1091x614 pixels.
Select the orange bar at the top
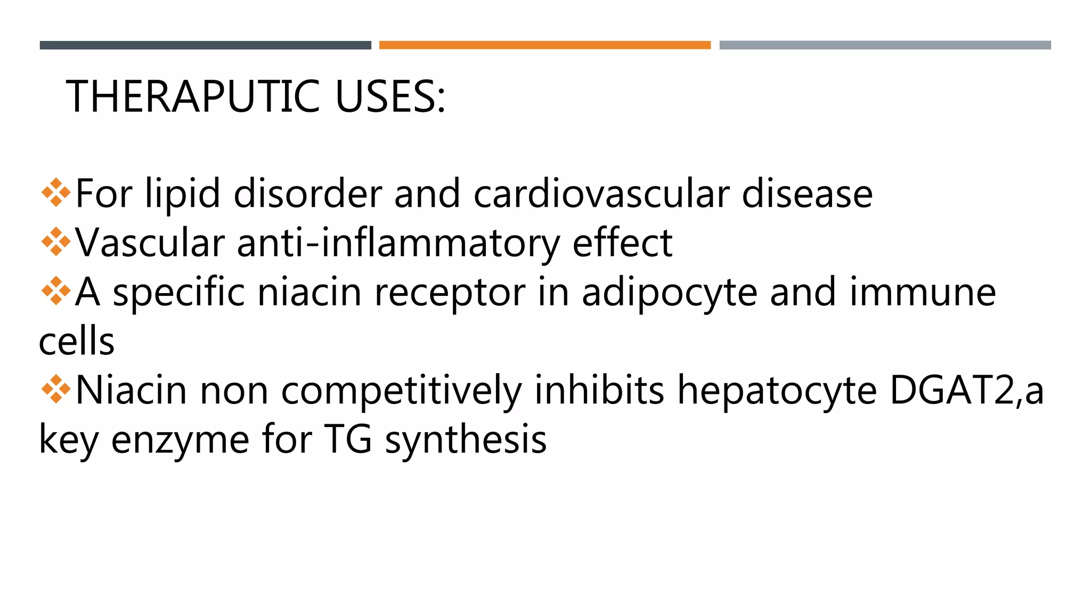544,45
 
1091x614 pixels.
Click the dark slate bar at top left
205,45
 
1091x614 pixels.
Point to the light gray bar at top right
885,45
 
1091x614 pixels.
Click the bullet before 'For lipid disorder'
55,192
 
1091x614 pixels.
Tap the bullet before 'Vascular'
55,242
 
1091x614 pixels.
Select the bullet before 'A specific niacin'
55,291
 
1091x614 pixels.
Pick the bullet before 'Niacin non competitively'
55,390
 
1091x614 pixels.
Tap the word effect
622,243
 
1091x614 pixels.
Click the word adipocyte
669,293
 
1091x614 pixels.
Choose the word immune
922,292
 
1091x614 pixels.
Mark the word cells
77,341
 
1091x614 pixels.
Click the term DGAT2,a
966,391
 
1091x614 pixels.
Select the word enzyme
180,441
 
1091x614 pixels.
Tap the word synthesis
466,441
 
